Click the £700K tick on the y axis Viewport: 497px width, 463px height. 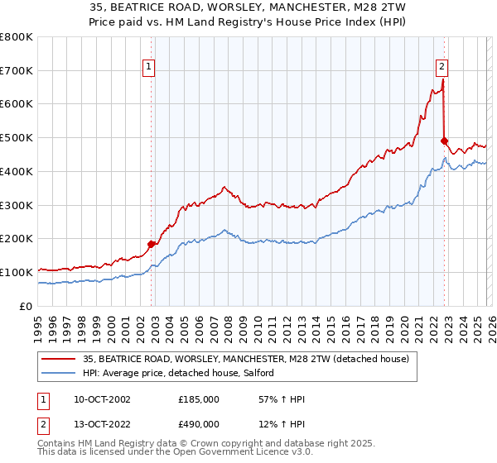pos(17,71)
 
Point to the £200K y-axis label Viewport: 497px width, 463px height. pos(17,239)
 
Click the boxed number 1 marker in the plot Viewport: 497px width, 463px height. pos(149,68)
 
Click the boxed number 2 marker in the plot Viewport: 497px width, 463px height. pos(442,68)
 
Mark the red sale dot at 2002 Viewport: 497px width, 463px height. pos(152,244)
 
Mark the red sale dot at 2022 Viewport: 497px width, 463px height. pos(445,141)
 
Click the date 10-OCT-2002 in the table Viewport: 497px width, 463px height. pos(102,400)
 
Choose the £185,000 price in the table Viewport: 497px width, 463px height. pos(199,400)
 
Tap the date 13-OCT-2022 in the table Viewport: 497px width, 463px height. pos(102,424)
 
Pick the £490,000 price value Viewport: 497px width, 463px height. pos(199,424)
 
